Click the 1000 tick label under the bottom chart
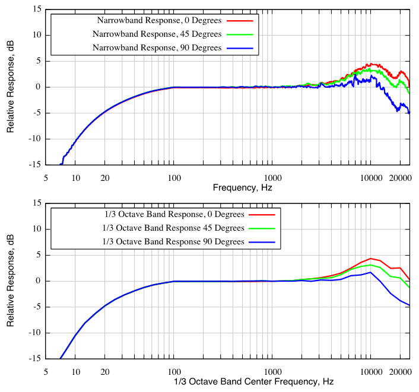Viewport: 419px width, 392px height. click(x=272, y=371)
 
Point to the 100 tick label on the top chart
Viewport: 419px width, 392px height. click(x=173, y=177)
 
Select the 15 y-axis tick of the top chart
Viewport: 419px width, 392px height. click(x=37, y=9)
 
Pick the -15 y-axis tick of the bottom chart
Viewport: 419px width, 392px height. click(x=35, y=358)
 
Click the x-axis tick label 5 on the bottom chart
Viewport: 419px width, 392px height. click(x=46, y=371)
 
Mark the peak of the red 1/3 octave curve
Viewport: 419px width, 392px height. click(x=371, y=259)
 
